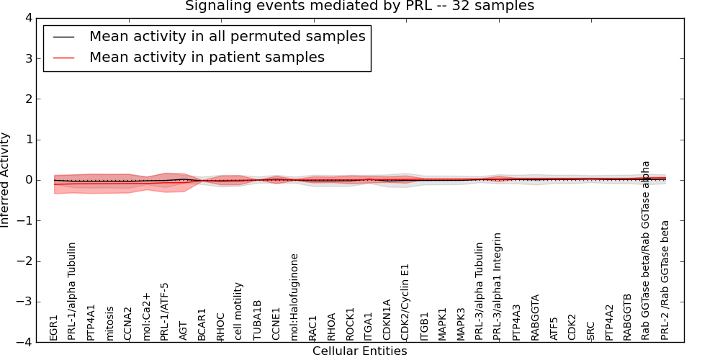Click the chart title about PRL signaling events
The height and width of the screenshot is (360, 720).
coord(359,6)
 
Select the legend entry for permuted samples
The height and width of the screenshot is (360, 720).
coord(227,36)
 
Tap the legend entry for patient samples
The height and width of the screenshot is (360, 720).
coord(207,57)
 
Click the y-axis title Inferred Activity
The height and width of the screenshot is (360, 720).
coord(6,180)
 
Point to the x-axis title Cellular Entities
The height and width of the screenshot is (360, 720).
coord(359,351)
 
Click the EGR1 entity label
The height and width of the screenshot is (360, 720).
coord(54,328)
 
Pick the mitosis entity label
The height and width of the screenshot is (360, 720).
coord(109,323)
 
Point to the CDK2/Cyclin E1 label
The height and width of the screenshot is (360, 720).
coord(405,301)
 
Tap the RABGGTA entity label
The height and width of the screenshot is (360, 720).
coord(535,317)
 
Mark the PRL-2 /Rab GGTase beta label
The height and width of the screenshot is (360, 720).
coord(665,280)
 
